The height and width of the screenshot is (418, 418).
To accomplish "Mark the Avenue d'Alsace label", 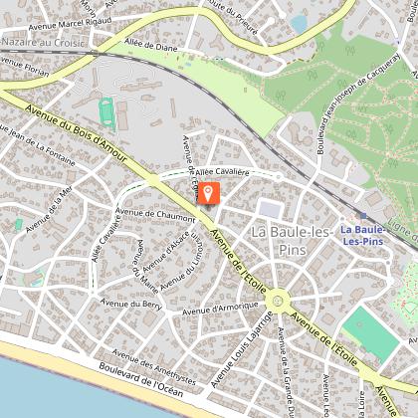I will click(164, 250).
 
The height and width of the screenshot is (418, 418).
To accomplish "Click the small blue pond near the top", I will click(298, 22).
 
